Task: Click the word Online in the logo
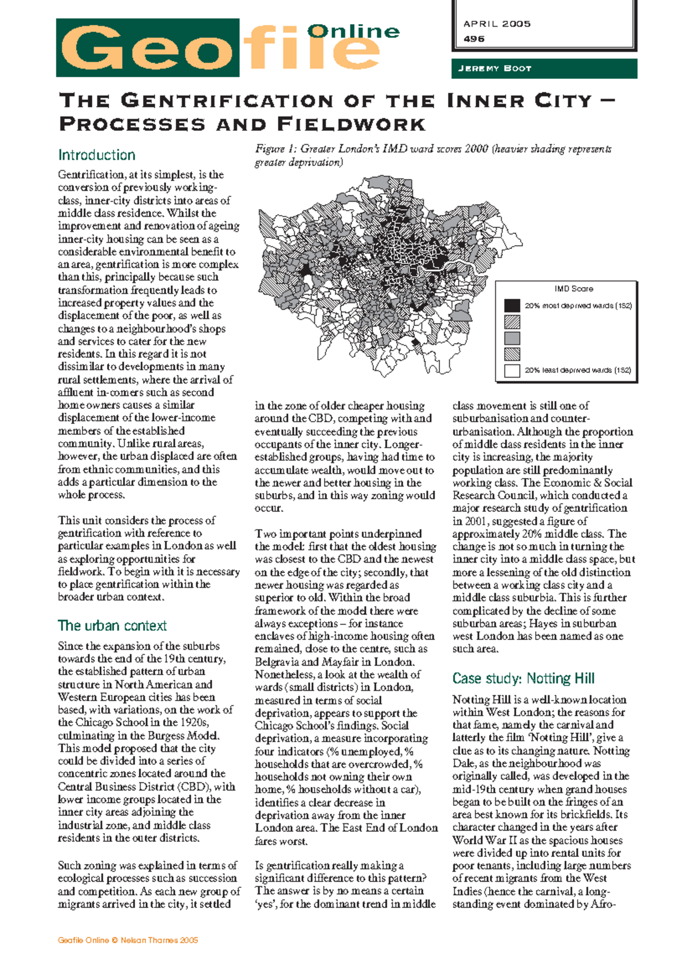pyautogui.click(x=353, y=31)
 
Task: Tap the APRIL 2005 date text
pyautogui.click(x=497, y=24)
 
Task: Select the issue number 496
pyautogui.click(x=474, y=39)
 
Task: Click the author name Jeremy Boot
pyautogui.click(x=494, y=69)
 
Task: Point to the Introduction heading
pyautogui.click(x=96, y=155)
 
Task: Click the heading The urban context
pyautogui.click(x=112, y=626)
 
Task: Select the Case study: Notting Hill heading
pyautogui.click(x=523, y=679)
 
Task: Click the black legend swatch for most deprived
pyautogui.click(x=512, y=306)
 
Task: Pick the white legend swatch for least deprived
pyautogui.click(x=512, y=371)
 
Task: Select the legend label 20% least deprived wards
pyautogui.click(x=577, y=371)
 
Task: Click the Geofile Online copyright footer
pyautogui.click(x=127, y=940)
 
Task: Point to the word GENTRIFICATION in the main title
pyautogui.click(x=228, y=101)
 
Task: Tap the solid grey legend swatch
pyautogui.click(x=512, y=338)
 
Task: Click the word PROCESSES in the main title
pyautogui.click(x=132, y=125)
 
